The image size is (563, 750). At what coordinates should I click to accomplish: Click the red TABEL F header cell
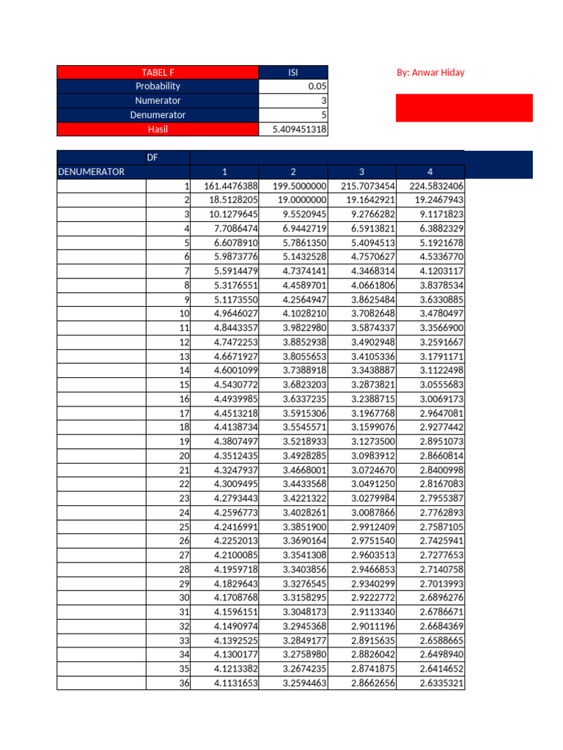click(x=158, y=73)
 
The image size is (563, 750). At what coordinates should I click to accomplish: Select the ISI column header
click(x=293, y=73)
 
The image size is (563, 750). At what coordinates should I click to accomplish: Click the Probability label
click(x=158, y=86)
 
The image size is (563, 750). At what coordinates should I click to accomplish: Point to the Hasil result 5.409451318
click(x=294, y=130)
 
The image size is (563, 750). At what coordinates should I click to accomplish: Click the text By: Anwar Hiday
click(x=430, y=73)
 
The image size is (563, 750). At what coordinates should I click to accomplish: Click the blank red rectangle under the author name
click(x=464, y=108)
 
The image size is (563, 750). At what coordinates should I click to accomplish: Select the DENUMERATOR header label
click(x=91, y=172)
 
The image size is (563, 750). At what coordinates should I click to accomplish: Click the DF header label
click(x=152, y=157)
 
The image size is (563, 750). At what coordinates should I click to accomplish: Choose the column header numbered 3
click(x=361, y=172)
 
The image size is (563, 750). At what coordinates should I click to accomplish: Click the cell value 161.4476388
click(x=225, y=187)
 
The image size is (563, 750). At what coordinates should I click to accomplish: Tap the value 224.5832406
click(x=432, y=187)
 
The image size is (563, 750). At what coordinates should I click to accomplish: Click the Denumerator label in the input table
click(x=158, y=115)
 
